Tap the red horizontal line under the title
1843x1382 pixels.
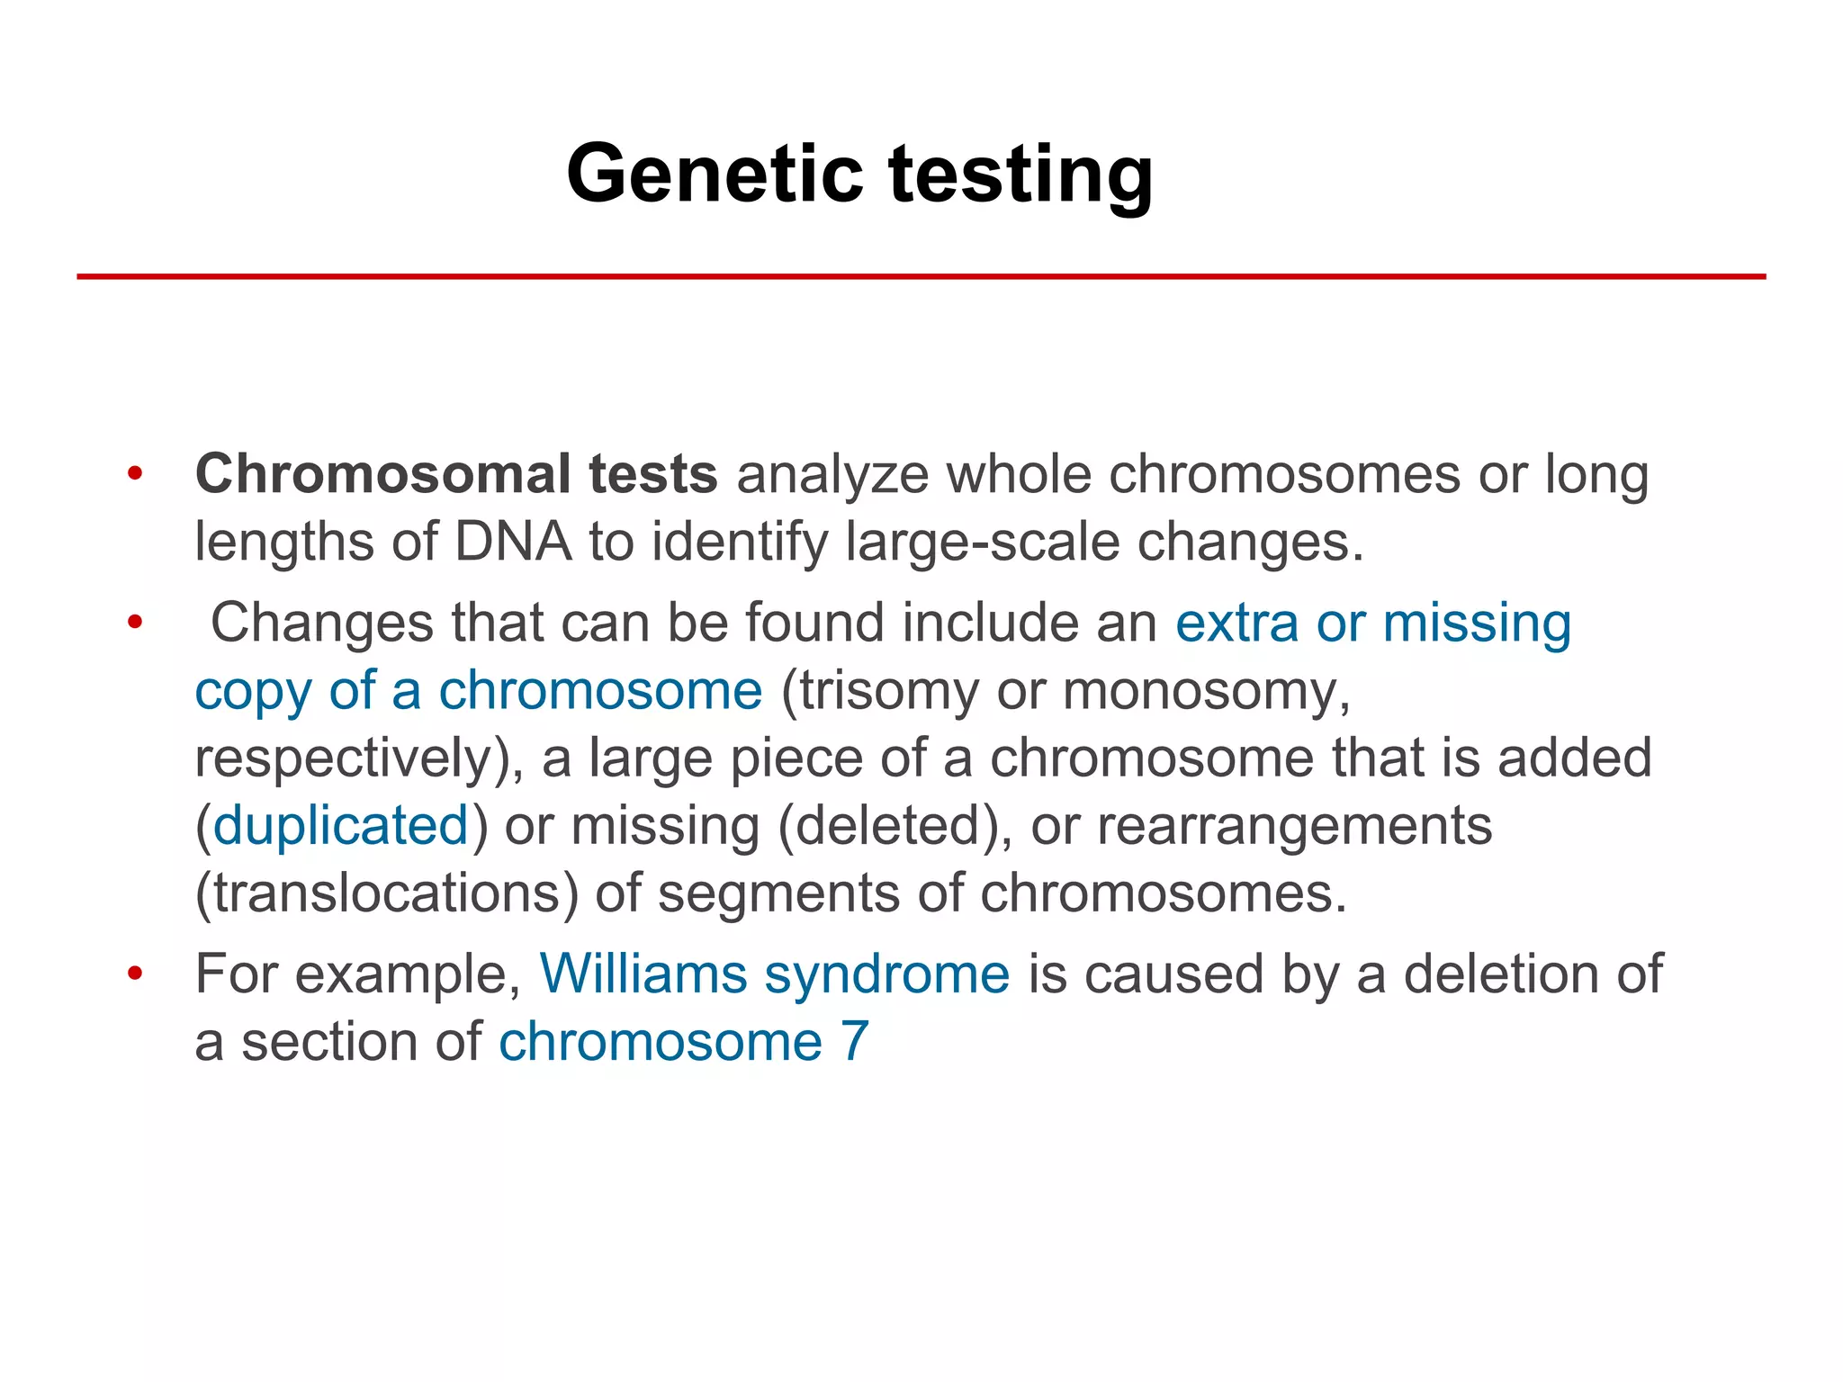point(921,276)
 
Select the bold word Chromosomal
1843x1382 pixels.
point(382,474)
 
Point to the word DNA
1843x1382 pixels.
point(513,543)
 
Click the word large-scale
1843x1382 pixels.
point(983,543)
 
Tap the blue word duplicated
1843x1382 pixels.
point(341,826)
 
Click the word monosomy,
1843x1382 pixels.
point(1207,693)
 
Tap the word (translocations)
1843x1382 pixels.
point(387,893)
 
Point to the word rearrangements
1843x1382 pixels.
point(1294,826)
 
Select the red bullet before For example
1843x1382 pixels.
point(135,974)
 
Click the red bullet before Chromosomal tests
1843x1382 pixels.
point(135,473)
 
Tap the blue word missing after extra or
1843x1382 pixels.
point(1477,624)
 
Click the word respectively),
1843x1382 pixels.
point(359,759)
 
